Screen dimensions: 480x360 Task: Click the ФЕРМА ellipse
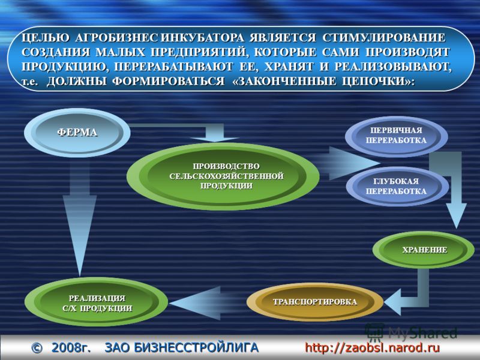[x=77, y=133]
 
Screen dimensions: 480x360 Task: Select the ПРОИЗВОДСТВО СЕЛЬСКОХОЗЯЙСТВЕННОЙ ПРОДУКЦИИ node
[x=223, y=176]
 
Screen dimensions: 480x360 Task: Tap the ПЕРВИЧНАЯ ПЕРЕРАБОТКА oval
[x=397, y=136]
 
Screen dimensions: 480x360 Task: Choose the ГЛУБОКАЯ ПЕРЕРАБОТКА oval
[x=397, y=186]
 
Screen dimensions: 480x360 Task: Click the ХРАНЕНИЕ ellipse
[x=424, y=250]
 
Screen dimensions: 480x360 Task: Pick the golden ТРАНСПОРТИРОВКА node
[x=315, y=302]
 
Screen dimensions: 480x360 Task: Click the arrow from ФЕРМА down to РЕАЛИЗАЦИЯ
[x=80, y=217]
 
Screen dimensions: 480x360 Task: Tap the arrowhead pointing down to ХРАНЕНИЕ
[x=456, y=214]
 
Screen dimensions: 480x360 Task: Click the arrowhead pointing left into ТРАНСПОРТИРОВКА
[x=393, y=302]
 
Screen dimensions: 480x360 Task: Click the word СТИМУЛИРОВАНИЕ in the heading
[x=384, y=37]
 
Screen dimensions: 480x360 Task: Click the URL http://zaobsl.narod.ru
[x=372, y=348]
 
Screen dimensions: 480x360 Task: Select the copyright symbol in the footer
[x=37, y=348]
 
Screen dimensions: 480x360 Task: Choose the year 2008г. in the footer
[x=71, y=348]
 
